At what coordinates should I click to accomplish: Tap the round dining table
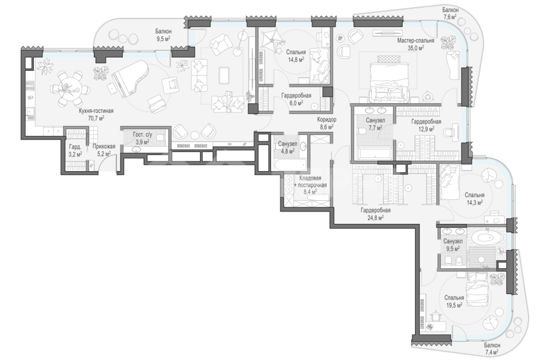(x=69, y=88)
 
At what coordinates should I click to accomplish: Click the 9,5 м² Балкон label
(x=163, y=34)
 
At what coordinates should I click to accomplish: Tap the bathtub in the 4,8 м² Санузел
(x=290, y=165)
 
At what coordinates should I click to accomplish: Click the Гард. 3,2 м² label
(x=75, y=150)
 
